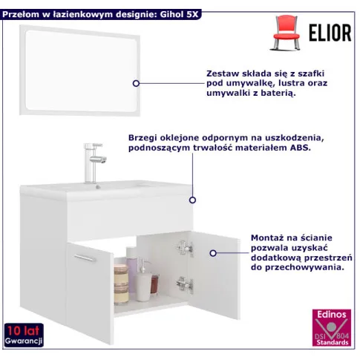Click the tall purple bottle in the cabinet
coord(132,263)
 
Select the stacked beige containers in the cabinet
coord(121,281)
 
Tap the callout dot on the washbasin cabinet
coord(192,200)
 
